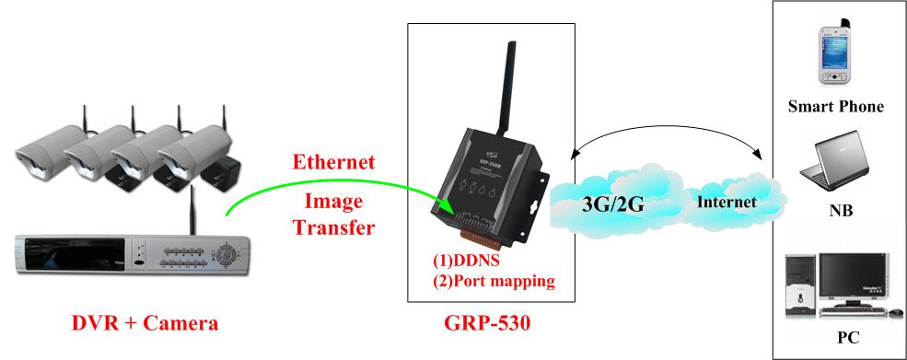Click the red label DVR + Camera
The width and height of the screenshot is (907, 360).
pos(145,323)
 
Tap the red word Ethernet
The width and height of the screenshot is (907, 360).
pos(333,163)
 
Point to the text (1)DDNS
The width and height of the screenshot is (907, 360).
pos(467,261)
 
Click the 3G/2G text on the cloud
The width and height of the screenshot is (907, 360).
pos(611,203)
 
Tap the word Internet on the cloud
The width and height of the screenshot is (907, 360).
pos(726,202)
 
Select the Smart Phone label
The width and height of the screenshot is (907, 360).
pos(835,107)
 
